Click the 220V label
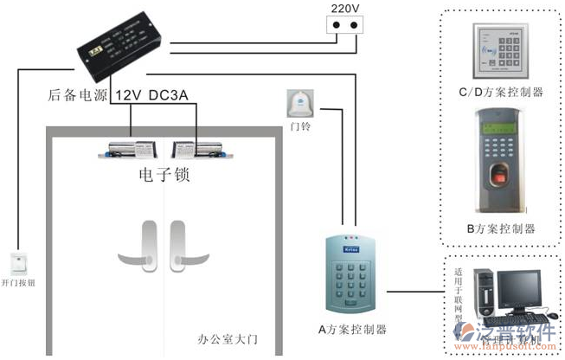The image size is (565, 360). point(343,9)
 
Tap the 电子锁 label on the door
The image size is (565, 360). point(164,176)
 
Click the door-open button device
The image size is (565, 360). point(18,263)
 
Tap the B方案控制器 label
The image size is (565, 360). point(500,228)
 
